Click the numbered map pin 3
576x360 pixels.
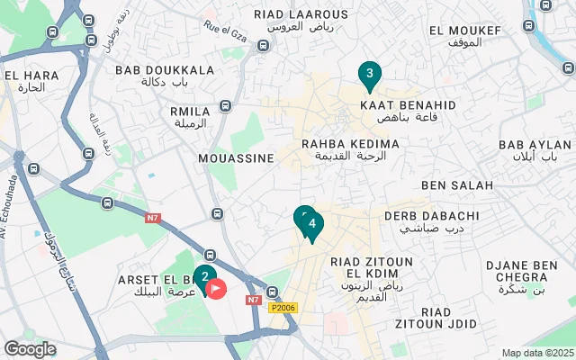pos(368,75)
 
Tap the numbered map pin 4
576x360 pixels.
pos(311,224)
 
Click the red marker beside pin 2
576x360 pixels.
pos(217,288)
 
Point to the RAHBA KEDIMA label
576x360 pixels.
pos(350,144)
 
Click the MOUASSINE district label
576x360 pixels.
pos(236,157)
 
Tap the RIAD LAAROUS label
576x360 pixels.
pos(301,14)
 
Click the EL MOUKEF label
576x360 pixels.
pos(465,31)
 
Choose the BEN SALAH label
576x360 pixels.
pos(457,185)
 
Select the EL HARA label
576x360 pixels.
pos(24,74)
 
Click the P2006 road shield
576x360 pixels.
pos(283,308)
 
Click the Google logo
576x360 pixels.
pos(30,348)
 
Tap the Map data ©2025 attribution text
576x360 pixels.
pos(537,353)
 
